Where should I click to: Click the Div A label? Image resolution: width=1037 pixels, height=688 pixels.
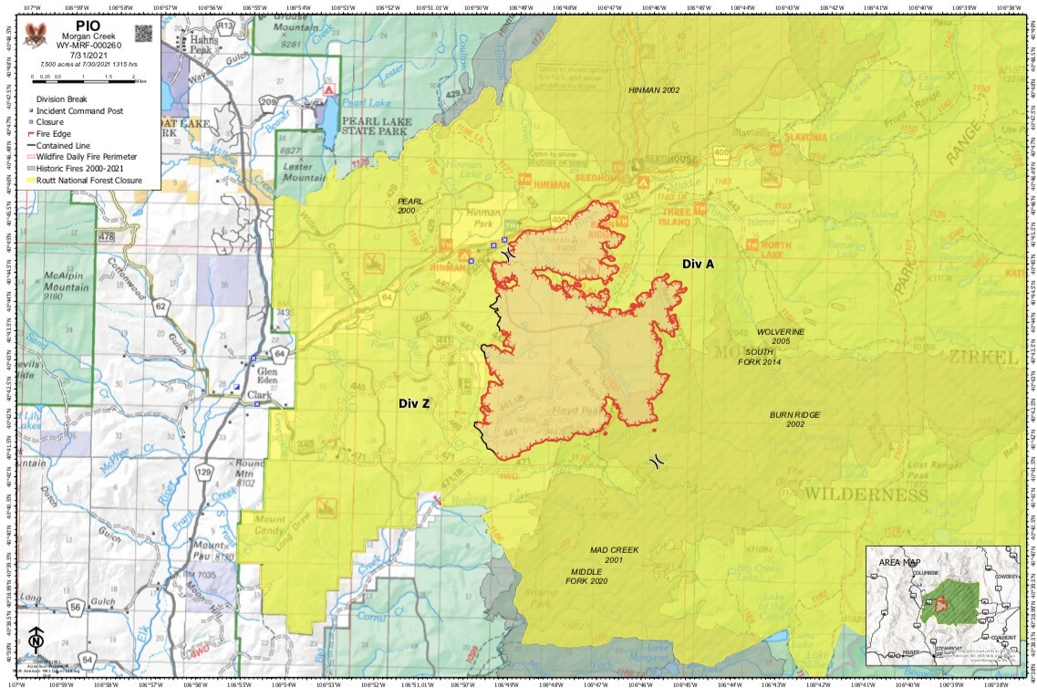698,264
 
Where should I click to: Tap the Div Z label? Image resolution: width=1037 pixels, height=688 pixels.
413,402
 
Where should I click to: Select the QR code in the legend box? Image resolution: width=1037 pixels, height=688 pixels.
143,33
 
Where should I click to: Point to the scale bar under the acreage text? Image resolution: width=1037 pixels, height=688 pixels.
82,79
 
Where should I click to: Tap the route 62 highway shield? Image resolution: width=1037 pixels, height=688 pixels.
161,306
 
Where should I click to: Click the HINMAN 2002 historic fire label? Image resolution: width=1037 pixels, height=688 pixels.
654,90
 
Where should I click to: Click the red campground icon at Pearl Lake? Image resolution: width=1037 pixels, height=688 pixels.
331,91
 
